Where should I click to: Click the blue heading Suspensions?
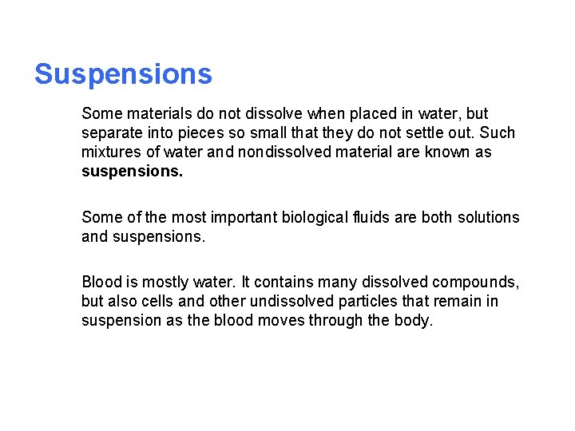tap(123, 74)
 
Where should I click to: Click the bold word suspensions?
tap(132, 171)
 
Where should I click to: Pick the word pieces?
tap(196, 133)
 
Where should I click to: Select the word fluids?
tap(371, 217)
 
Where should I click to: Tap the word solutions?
tap(488, 217)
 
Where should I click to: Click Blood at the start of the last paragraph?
tap(101, 282)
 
